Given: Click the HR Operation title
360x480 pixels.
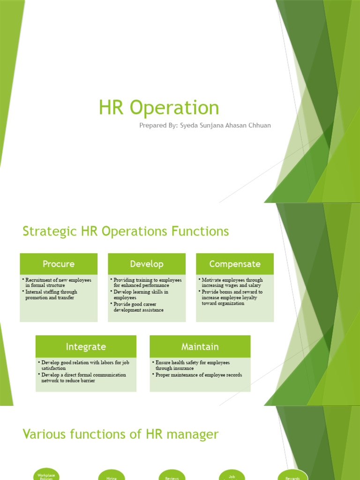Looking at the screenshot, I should click(159, 108).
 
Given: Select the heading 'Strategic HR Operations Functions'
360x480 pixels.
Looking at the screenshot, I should click(126, 231).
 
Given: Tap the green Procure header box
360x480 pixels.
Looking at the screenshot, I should click(59, 264).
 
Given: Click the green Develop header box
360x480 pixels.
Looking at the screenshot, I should click(147, 264).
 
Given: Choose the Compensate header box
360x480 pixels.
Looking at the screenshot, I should click(235, 264).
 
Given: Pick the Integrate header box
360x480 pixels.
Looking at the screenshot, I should click(86, 347).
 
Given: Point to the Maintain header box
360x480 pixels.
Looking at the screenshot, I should click(200, 347).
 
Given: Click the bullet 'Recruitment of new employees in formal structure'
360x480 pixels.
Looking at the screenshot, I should click(58, 283).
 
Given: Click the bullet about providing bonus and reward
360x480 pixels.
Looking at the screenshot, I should click(232, 298).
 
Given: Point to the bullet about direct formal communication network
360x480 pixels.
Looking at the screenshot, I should click(83, 378).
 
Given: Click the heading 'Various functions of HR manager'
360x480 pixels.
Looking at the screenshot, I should click(120, 435).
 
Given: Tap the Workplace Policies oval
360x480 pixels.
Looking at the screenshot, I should click(46, 474).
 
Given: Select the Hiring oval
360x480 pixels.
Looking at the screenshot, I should click(112, 475).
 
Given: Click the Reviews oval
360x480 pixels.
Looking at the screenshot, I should click(172, 475).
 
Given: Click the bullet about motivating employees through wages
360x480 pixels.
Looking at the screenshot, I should click(232, 283).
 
